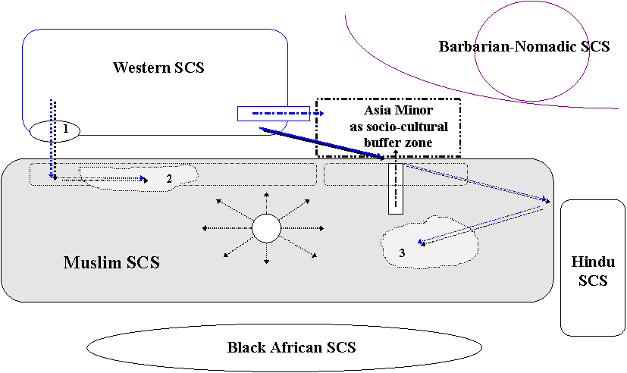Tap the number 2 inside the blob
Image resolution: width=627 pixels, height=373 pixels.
point(169,178)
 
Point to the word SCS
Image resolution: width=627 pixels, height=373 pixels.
point(142,263)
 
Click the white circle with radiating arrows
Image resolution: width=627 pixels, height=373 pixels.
point(266,227)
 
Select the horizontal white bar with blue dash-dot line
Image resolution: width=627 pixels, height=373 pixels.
point(273,114)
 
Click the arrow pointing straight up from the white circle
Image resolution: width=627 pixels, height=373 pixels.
point(266,202)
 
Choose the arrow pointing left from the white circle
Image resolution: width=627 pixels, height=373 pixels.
point(226,227)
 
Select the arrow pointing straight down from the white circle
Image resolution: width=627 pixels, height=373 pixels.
point(266,253)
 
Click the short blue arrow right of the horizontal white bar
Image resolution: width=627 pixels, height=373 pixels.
point(318,114)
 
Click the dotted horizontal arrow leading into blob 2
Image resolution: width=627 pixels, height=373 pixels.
point(99,179)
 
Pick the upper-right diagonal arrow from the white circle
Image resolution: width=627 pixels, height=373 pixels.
point(295,209)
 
